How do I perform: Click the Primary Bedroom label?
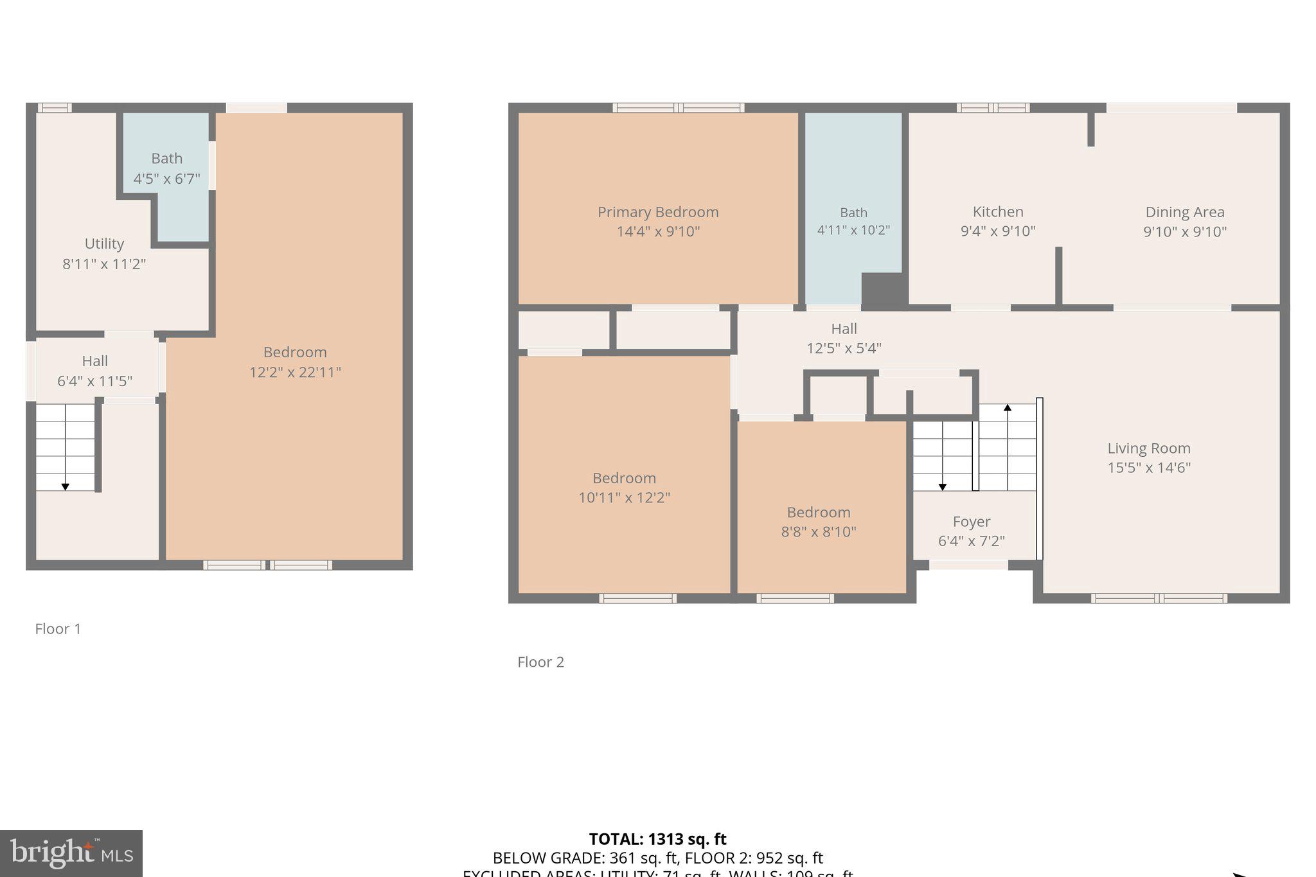click(658, 212)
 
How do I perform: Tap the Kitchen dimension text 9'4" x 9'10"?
click(997, 231)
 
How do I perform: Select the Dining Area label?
click(1184, 212)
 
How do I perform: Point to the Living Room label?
click(1148, 448)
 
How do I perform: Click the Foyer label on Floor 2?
click(971, 522)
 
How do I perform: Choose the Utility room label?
click(104, 244)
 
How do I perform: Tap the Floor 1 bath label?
click(166, 159)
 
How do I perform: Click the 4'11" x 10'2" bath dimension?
click(853, 230)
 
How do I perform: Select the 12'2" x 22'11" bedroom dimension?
click(295, 372)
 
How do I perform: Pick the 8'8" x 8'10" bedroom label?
click(818, 531)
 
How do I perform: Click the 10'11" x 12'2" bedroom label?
click(624, 497)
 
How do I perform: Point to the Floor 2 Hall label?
click(844, 329)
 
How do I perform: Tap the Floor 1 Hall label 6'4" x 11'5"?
click(94, 381)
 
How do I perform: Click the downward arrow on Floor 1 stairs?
click(65, 486)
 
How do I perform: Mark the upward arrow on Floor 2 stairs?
click(1007, 408)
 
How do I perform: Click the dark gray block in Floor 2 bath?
click(884, 288)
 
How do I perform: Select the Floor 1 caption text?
click(58, 629)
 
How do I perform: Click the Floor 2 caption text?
click(540, 662)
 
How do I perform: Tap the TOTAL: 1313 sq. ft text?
click(657, 839)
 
